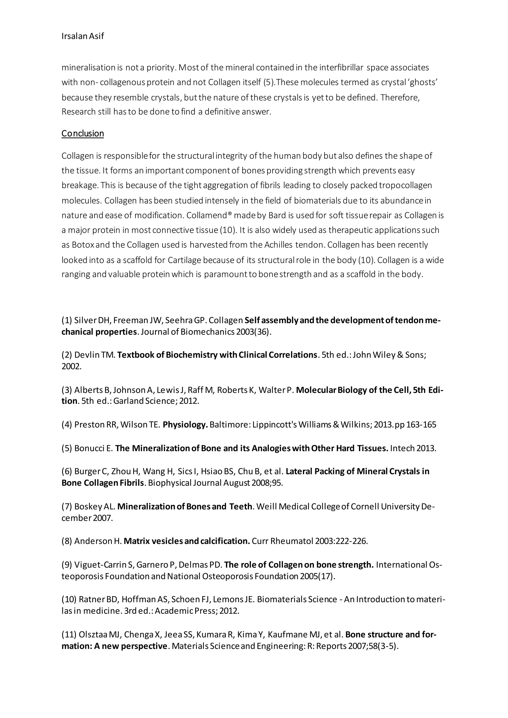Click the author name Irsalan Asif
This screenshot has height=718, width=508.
83,36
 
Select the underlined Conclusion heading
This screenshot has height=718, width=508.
83,134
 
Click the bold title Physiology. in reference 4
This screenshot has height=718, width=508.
186,425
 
